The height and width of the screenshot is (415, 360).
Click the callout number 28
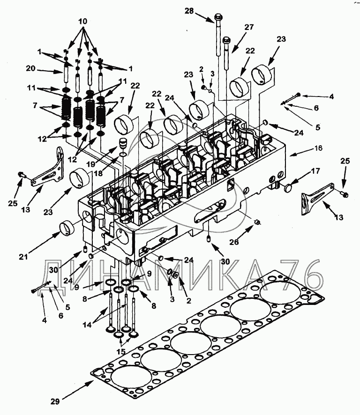[x=188, y=11]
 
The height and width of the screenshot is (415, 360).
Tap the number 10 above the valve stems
[x=83, y=22]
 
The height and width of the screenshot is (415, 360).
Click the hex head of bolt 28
[x=219, y=19]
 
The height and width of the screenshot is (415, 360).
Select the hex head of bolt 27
[x=226, y=40]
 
